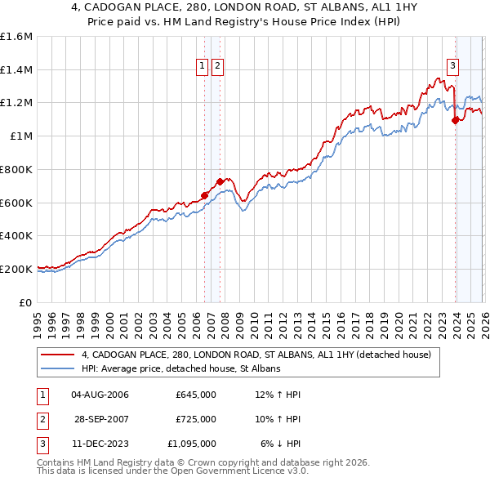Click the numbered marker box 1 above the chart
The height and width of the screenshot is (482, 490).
click(x=202, y=68)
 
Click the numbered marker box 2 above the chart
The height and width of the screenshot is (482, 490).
click(x=218, y=68)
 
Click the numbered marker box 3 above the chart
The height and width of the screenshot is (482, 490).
click(x=452, y=68)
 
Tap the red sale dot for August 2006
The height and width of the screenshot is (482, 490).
click(x=204, y=194)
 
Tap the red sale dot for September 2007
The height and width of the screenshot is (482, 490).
click(x=220, y=181)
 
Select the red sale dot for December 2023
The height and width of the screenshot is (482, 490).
click(x=455, y=120)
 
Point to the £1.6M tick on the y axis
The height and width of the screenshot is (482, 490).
click(x=16, y=37)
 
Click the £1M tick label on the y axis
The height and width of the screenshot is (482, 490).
click(x=21, y=136)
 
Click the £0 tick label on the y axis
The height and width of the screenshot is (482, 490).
click(x=27, y=301)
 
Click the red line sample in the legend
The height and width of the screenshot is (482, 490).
click(x=57, y=355)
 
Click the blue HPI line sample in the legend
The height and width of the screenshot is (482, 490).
click(x=57, y=369)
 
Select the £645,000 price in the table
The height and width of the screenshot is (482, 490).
click(x=195, y=395)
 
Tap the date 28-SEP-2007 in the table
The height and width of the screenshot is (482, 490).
click(x=100, y=419)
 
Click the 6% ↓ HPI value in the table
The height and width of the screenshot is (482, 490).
click(x=281, y=444)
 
